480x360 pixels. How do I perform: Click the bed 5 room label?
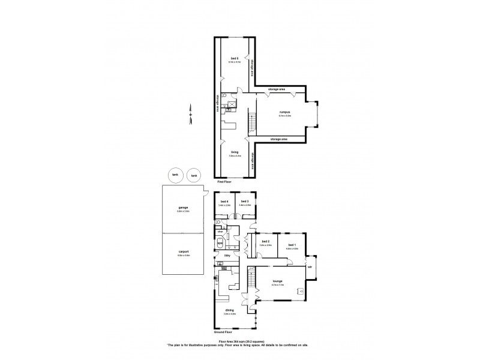pos(233,59)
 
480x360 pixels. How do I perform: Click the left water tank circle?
pos(175,175)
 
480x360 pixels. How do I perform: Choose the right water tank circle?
pos(194,175)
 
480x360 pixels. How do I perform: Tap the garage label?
pos(183,207)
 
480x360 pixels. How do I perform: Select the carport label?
pos(183,253)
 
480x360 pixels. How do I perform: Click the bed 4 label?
pos(225,201)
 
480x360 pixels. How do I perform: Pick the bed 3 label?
pos(244,201)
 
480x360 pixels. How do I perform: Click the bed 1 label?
pos(292,242)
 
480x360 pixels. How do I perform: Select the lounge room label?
pos(278,281)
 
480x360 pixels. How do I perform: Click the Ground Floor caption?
pos(223,332)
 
